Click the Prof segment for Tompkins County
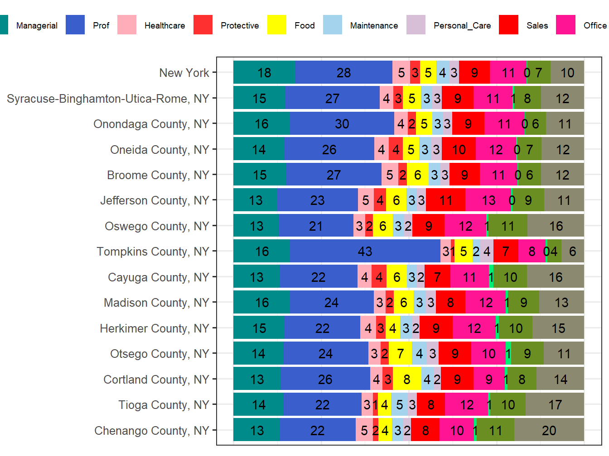pos(365,251)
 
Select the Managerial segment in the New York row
pos(264,72)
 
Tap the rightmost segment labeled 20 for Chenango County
pos(549,430)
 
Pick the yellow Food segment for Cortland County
pos(407,379)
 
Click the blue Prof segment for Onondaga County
pos(342,123)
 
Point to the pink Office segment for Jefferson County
pos(488,200)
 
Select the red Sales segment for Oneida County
pos(459,149)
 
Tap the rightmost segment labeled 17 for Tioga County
pos(555,404)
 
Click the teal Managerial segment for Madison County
pos(261,302)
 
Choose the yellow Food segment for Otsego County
pos(400,353)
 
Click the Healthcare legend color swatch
pos(126,25)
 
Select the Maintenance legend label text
pos(374,26)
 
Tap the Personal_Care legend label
pos(462,26)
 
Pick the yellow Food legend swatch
pos(276,25)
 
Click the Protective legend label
pos(240,26)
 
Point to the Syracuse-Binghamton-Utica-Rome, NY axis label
pos(108,99)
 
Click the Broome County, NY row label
pos(158,175)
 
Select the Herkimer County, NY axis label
pos(154,328)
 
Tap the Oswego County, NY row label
pos(157,226)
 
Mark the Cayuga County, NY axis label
pos(158,277)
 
